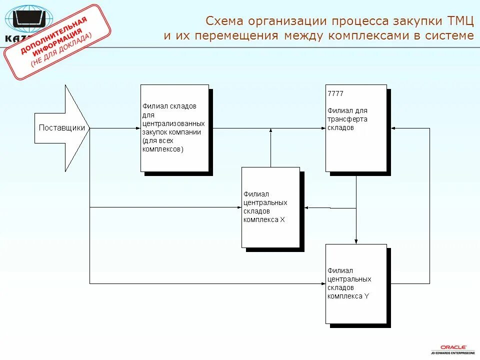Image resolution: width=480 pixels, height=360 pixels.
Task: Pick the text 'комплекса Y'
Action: (348, 295)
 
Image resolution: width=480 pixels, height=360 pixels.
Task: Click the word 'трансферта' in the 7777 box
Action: (347, 119)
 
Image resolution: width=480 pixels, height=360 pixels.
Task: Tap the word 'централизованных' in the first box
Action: (173, 123)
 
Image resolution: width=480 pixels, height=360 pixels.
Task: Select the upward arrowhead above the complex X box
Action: (270, 131)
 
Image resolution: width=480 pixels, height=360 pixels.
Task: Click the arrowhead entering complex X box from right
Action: (307, 207)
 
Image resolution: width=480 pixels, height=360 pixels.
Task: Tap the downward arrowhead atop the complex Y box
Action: (356, 241)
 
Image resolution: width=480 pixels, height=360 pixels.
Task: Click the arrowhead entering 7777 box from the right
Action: (393, 128)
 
